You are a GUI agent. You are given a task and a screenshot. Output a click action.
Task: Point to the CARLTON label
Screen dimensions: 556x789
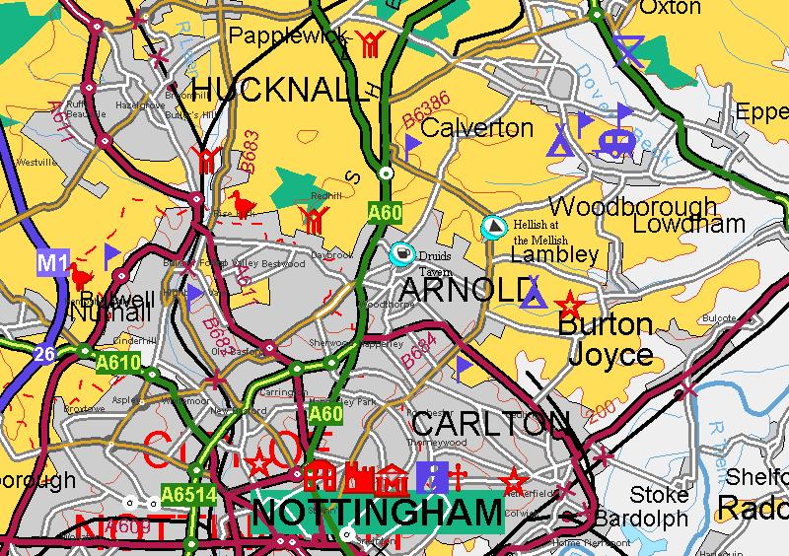489,424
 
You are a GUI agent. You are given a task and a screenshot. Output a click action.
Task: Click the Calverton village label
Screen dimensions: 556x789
476,128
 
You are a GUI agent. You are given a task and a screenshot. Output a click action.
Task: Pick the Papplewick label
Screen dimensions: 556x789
288,35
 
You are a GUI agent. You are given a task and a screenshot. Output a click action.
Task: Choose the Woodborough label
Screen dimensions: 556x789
631,206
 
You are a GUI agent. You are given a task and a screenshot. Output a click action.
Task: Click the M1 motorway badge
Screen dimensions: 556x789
54,262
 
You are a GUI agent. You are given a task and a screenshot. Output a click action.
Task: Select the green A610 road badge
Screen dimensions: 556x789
119,363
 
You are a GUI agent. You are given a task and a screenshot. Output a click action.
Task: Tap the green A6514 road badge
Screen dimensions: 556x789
182,495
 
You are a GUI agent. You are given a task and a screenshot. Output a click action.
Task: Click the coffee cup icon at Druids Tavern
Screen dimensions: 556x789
401,253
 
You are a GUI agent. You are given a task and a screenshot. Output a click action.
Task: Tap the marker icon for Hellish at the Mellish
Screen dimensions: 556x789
492,228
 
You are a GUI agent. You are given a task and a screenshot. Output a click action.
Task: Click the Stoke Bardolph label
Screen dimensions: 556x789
659,506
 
